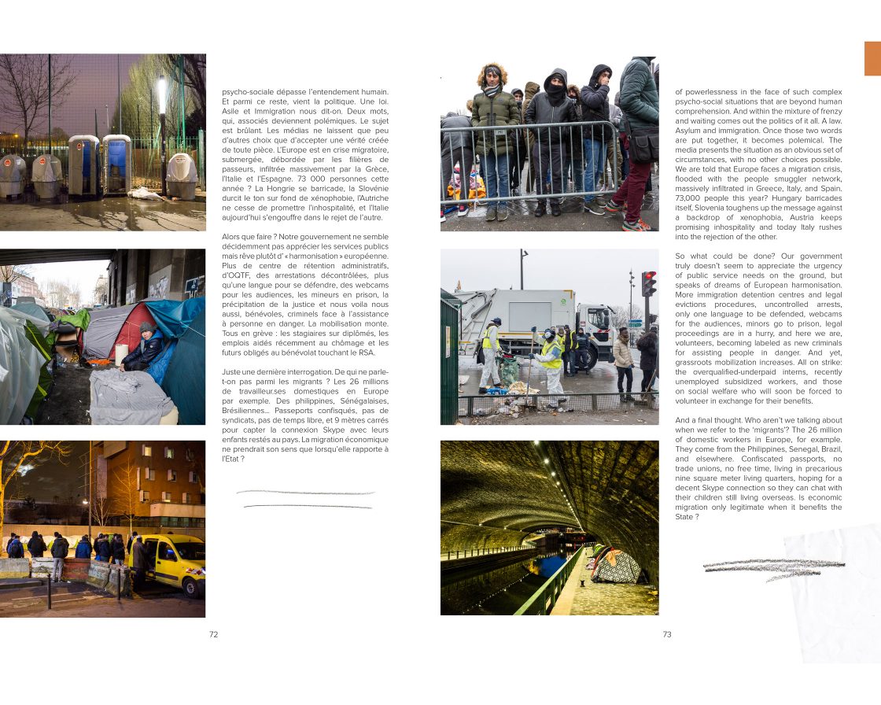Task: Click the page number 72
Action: (x=213, y=635)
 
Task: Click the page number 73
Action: (x=667, y=635)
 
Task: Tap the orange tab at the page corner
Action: (x=872, y=59)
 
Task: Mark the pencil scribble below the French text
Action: (x=305, y=500)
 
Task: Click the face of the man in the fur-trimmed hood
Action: (x=492, y=77)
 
